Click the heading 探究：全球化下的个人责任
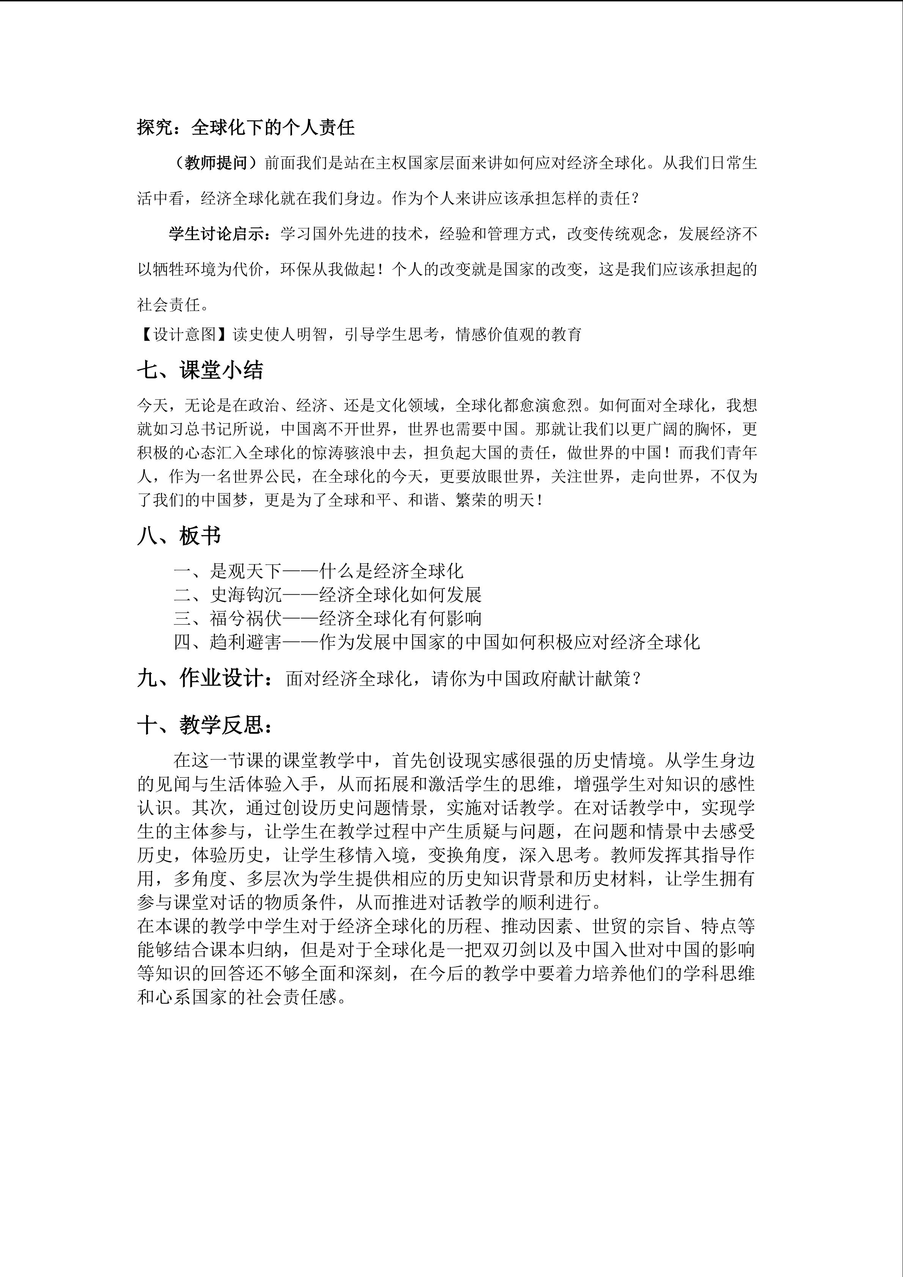(x=246, y=128)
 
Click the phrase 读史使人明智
(x=280, y=334)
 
